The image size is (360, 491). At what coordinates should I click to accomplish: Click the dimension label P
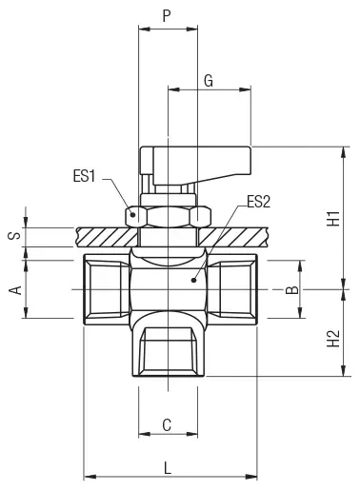pyautogui.click(x=167, y=15)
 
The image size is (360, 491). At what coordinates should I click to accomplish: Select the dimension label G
pyautogui.click(x=209, y=81)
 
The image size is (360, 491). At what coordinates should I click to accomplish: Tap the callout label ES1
pyautogui.click(x=84, y=176)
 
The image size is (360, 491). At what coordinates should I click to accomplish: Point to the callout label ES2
pyautogui.click(x=259, y=202)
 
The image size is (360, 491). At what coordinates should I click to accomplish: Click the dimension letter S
pyautogui.click(x=14, y=235)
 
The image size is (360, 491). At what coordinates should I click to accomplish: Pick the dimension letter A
pyautogui.click(x=15, y=290)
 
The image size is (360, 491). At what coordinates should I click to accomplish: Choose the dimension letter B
pyautogui.click(x=292, y=290)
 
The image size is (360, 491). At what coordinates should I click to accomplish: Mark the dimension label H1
pyautogui.click(x=333, y=218)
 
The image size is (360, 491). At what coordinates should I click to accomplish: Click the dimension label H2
pyautogui.click(x=333, y=339)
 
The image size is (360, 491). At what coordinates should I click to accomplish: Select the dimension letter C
pyautogui.click(x=167, y=425)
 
